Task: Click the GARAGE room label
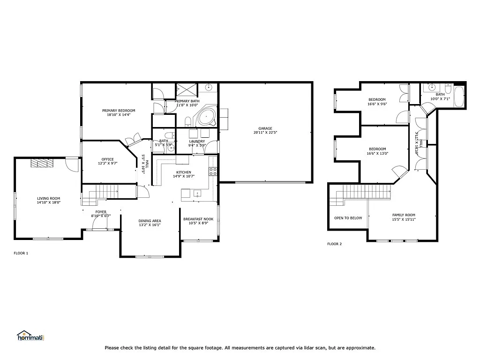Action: (x=265, y=128)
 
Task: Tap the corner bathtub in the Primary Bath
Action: (x=205, y=117)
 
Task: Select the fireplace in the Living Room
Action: (x=43, y=163)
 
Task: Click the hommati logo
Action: (x=30, y=336)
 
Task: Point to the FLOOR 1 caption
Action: (x=21, y=253)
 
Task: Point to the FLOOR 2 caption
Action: (x=334, y=244)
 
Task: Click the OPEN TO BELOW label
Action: (x=348, y=218)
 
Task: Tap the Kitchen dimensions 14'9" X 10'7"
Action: (x=183, y=176)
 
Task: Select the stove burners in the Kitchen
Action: (x=213, y=171)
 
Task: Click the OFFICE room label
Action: (x=108, y=159)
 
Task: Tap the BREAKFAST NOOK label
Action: (x=198, y=219)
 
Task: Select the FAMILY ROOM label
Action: (x=404, y=215)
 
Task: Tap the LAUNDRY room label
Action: (x=197, y=141)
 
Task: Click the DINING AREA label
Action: (x=150, y=220)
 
